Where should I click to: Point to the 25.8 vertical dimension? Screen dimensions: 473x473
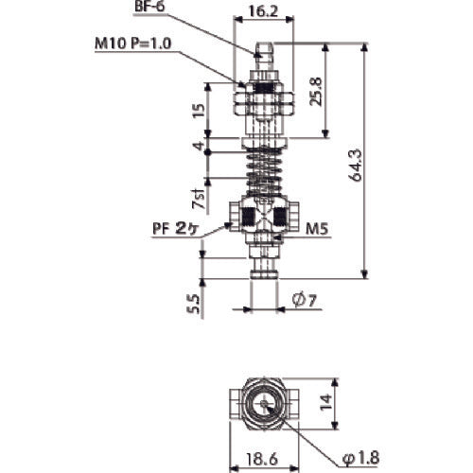coord(325,91)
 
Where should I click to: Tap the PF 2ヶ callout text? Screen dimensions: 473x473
coord(176,228)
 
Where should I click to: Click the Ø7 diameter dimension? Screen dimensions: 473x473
coord(301,302)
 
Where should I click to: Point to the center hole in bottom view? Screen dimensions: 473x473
coord(264,402)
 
